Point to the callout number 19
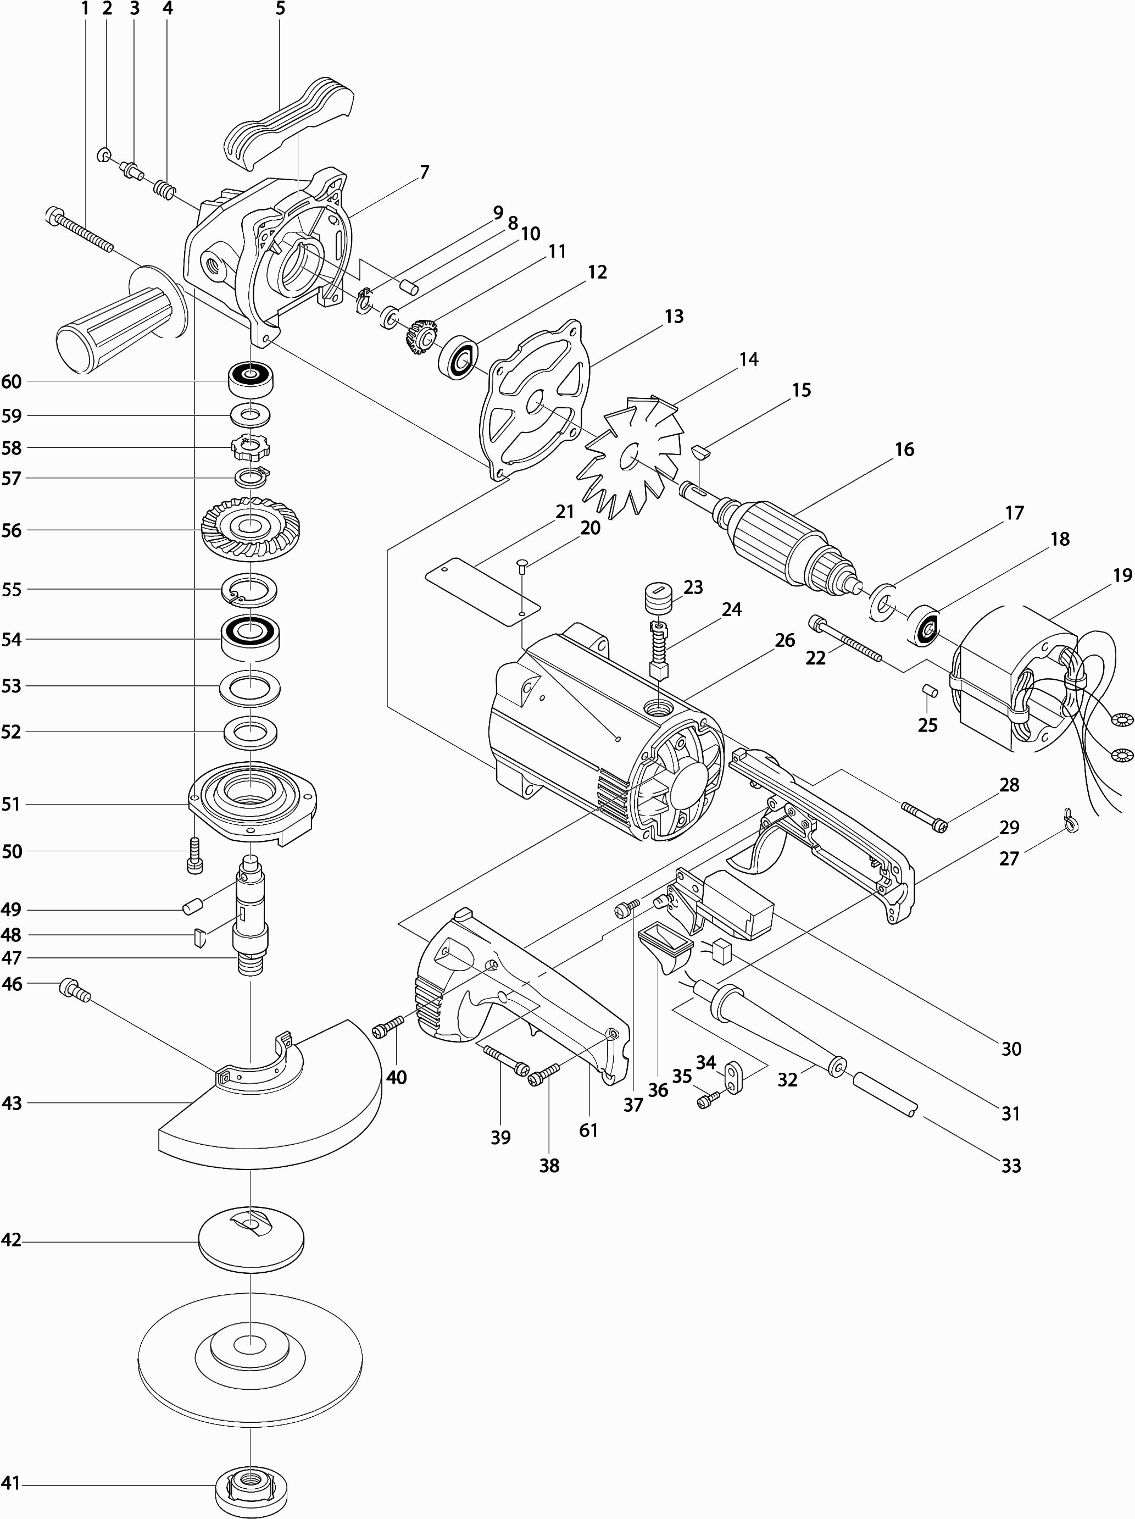tap(1122, 575)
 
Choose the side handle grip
tap(116, 321)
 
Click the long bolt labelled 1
tap(80, 232)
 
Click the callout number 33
tap(1011, 1165)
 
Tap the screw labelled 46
tap(75, 990)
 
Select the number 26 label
tap(785, 640)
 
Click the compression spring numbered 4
tap(164, 187)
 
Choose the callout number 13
tap(674, 317)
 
